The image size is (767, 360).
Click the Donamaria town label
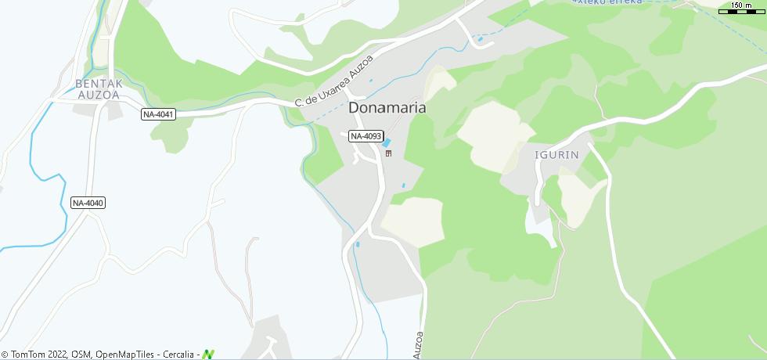point(387,108)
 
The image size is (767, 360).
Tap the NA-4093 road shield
point(365,136)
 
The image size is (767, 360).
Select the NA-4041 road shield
point(159,114)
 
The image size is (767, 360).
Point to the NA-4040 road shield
point(88,203)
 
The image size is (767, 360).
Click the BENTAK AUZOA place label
point(98,88)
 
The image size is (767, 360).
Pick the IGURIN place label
point(556,154)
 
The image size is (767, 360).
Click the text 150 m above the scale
point(742,5)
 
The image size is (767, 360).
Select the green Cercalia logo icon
point(208,355)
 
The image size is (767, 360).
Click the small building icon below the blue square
point(387,153)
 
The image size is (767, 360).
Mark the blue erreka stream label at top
point(608,2)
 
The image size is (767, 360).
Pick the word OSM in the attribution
point(81,355)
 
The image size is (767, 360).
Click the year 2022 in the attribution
point(57,355)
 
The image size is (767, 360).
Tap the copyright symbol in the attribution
point(5,355)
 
